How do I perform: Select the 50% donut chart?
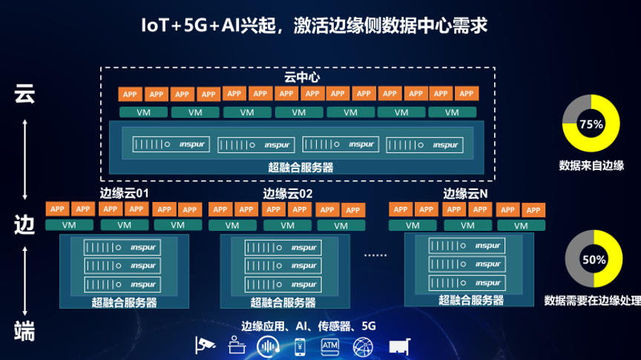click(x=592, y=260)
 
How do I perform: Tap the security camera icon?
click(x=204, y=345)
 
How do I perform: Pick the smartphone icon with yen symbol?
click(x=300, y=346)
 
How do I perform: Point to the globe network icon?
click(x=364, y=346)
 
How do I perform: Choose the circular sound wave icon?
click(x=268, y=346)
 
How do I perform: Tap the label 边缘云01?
click(x=125, y=193)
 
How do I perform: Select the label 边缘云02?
click(x=288, y=193)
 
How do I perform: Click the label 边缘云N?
click(x=466, y=193)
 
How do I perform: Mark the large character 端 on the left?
click(x=25, y=330)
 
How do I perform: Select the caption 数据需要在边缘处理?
click(x=591, y=301)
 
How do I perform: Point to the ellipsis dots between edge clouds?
click(x=375, y=255)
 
